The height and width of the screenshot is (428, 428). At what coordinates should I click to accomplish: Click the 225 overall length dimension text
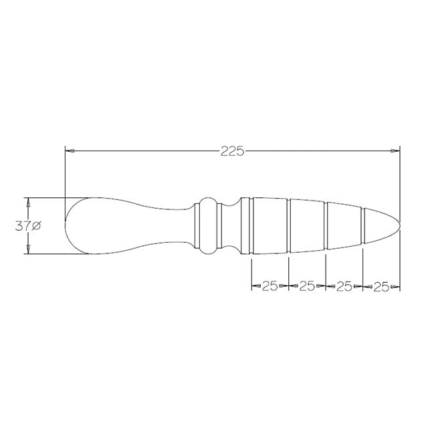click(232, 151)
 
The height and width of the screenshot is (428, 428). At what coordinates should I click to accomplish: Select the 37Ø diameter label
click(28, 226)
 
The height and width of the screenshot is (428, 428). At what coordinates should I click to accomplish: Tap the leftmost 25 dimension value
click(269, 286)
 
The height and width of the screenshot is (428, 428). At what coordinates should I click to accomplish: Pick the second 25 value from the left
click(306, 286)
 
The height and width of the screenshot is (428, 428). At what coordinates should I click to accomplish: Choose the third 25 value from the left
click(344, 286)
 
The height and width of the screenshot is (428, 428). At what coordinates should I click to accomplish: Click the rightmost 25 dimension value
click(381, 286)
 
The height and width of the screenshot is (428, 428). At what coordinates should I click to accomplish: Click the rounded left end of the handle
click(68, 226)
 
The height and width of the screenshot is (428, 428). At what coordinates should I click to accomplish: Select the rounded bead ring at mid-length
click(209, 226)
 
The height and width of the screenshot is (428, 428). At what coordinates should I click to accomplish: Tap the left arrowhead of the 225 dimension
click(69, 151)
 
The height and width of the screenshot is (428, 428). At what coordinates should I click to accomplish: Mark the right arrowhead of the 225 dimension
click(395, 151)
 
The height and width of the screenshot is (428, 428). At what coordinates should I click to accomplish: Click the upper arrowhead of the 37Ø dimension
click(28, 202)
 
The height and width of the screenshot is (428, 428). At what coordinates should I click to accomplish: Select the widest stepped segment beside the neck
click(269, 226)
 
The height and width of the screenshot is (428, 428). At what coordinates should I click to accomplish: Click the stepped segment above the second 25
click(307, 226)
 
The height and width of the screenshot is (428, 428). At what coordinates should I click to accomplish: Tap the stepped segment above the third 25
click(344, 226)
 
